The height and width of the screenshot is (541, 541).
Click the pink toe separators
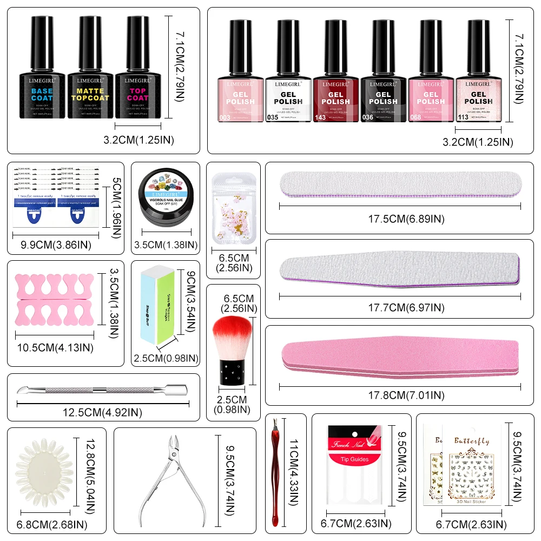tap(54, 298)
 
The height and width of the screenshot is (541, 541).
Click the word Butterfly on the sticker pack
tap(471, 441)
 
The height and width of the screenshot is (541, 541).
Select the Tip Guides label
tap(354, 459)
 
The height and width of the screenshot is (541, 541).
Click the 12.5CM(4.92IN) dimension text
tap(102, 413)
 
